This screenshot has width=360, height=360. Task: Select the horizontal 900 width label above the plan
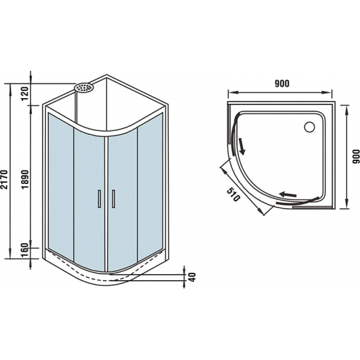[x=281, y=83]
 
